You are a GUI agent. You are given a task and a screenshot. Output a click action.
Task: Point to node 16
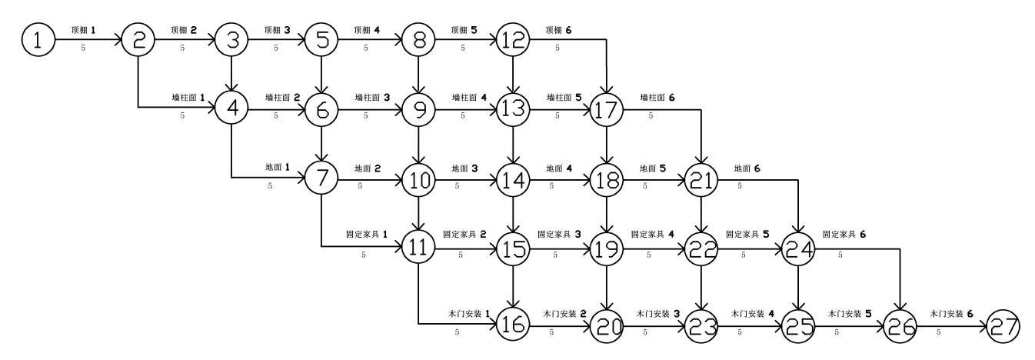tap(513, 326)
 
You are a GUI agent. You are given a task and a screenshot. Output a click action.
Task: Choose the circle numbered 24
tap(797, 249)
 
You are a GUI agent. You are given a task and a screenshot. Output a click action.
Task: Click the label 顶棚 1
tap(85, 30)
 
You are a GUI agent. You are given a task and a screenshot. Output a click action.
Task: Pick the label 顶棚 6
tap(559, 30)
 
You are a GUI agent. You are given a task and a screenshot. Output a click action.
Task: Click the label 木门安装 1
tap(468, 314)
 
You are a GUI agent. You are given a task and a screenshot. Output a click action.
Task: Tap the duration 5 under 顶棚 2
tap(182, 48)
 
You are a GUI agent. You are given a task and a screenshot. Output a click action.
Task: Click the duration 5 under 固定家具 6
tap(840, 254)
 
